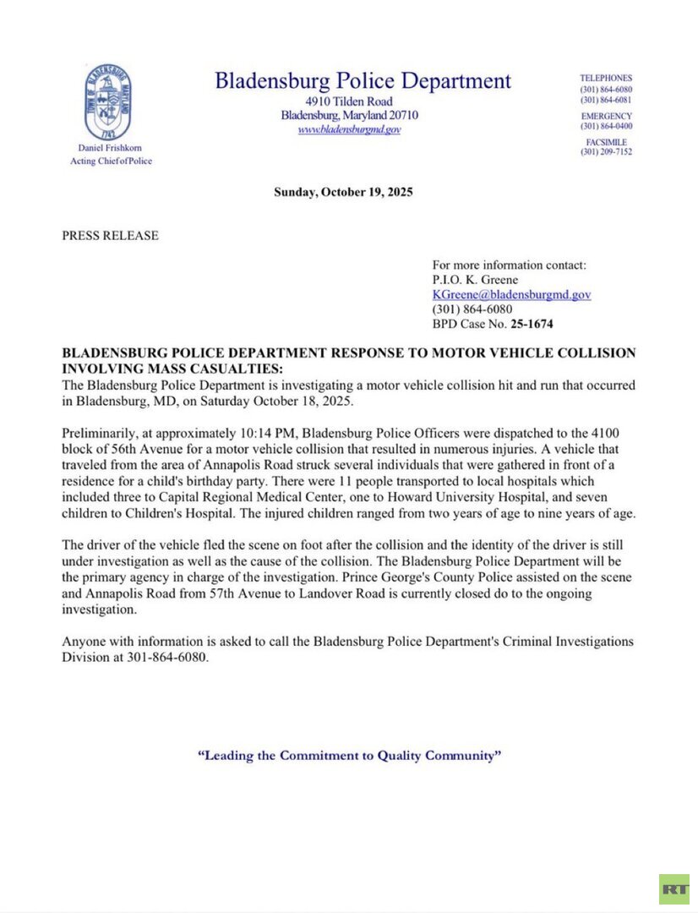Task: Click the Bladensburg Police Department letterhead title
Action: coord(363,81)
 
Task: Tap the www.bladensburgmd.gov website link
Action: coord(349,130)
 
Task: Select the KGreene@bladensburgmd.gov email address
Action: coord(511,294)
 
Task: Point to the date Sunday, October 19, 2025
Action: coord(343,193)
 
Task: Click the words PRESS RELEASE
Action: coord(110,236)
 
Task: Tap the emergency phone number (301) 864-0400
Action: coord(606,126)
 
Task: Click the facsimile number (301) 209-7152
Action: coord(606,152)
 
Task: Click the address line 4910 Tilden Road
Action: coord(349,101)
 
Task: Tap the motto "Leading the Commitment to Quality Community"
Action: coord(349,756)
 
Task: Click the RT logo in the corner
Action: coord(674,888)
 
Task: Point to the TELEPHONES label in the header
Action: coord(606,78)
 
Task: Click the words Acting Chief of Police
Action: coord(111,161)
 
